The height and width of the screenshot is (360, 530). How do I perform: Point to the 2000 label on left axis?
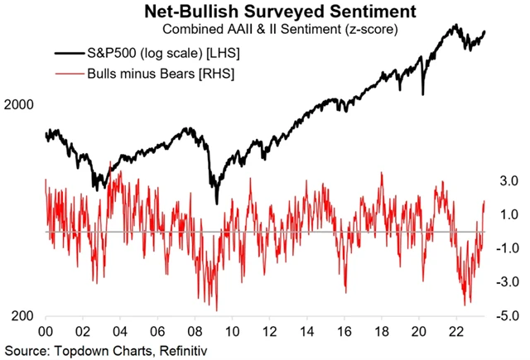[19, 106]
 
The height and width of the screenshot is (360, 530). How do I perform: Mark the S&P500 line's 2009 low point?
[217, 202]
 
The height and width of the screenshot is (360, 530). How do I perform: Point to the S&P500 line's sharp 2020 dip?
[423, 93]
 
